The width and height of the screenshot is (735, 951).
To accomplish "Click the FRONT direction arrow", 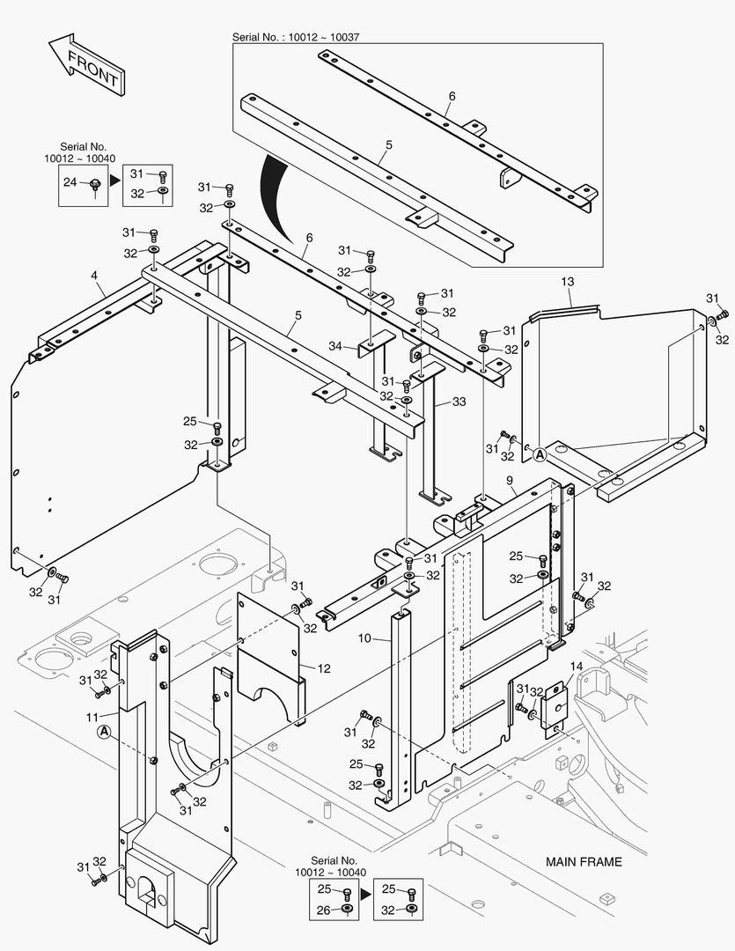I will (x=85, y=66).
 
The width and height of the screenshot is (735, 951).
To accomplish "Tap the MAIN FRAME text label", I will (x=583, y=862).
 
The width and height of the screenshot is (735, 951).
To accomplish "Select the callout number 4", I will (x=94, y=276).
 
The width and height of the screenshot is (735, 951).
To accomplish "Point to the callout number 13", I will (x=568, y=281).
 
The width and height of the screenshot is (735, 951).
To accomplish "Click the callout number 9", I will (x=510, y=480).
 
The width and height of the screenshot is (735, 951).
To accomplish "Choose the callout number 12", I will (x=323, y=669).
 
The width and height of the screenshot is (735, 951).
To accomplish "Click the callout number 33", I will (x=459, y=401).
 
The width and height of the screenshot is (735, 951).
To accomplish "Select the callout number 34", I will (x=334, y=347).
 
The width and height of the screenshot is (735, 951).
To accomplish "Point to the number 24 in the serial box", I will (x=70, y=182).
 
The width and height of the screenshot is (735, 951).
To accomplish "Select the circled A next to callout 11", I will (x=105, y=732).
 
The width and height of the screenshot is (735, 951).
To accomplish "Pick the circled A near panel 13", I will (x=540, y=454).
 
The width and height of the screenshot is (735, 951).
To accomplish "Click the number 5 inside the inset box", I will (x=388, y=144).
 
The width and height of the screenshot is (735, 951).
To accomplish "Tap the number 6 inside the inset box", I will (x=452, y=95).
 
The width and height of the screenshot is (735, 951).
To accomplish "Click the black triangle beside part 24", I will (x=114, y=181).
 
